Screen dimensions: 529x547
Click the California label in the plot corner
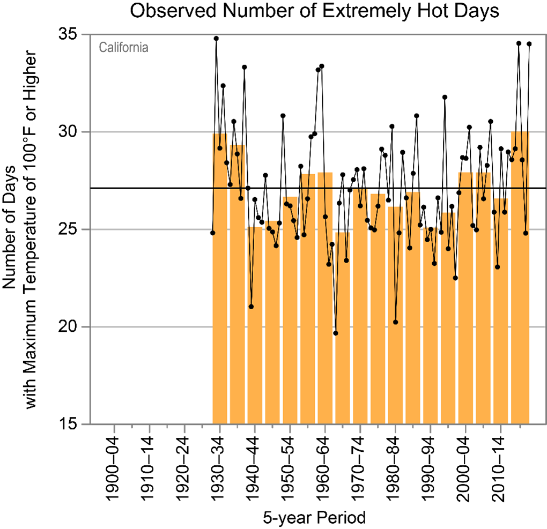(x=123, y=48)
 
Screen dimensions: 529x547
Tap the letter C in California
(x=102, y=48)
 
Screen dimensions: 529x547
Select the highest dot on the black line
(x=216, y=39)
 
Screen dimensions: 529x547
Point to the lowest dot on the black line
(x=336, y=333)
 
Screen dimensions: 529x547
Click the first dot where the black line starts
(x=213, y=233)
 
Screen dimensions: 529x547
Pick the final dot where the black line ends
(x=529, y=44)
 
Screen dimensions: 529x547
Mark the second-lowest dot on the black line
(x=396, y=322)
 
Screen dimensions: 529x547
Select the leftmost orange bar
(x=220, y=279)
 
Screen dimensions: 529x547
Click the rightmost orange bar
(x=520, y=279)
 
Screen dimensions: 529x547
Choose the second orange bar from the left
(x=238, y=284)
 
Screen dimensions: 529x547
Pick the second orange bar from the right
(x=500, y=311)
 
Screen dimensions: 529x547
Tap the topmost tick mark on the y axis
(x=85, y=35)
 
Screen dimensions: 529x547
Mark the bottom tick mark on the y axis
(x=85, y=424)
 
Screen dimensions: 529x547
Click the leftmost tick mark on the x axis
(x=114, y=429)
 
